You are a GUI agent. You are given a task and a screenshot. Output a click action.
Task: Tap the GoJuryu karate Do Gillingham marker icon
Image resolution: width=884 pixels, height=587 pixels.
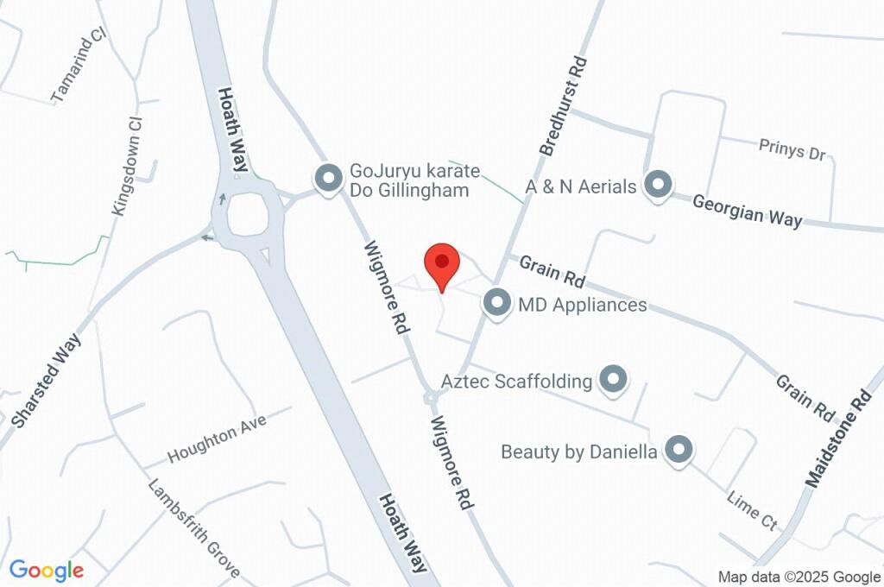coord(327,180)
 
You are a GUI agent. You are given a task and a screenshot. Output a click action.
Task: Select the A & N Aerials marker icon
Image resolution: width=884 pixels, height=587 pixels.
coord(659,186)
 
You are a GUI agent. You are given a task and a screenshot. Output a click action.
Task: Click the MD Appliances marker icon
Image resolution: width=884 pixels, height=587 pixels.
coord(496,304)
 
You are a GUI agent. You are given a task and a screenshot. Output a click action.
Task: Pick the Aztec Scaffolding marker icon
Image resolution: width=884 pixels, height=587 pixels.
coord(613,379)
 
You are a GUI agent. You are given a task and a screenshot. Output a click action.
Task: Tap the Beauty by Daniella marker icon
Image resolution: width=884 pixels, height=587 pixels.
coord(679,450)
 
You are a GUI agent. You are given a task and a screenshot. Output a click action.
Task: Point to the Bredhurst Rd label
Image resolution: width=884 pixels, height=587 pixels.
coord(564,106)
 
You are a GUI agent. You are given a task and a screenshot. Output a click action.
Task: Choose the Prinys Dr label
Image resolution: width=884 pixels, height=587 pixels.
coord(792,150)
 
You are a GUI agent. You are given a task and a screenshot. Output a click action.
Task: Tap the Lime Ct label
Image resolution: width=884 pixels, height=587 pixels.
coord(753,510)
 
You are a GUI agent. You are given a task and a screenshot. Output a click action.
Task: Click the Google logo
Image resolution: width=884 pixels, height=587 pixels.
coord(47,571)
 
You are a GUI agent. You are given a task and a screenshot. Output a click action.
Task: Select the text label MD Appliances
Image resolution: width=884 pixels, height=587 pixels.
coord(581,305)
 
